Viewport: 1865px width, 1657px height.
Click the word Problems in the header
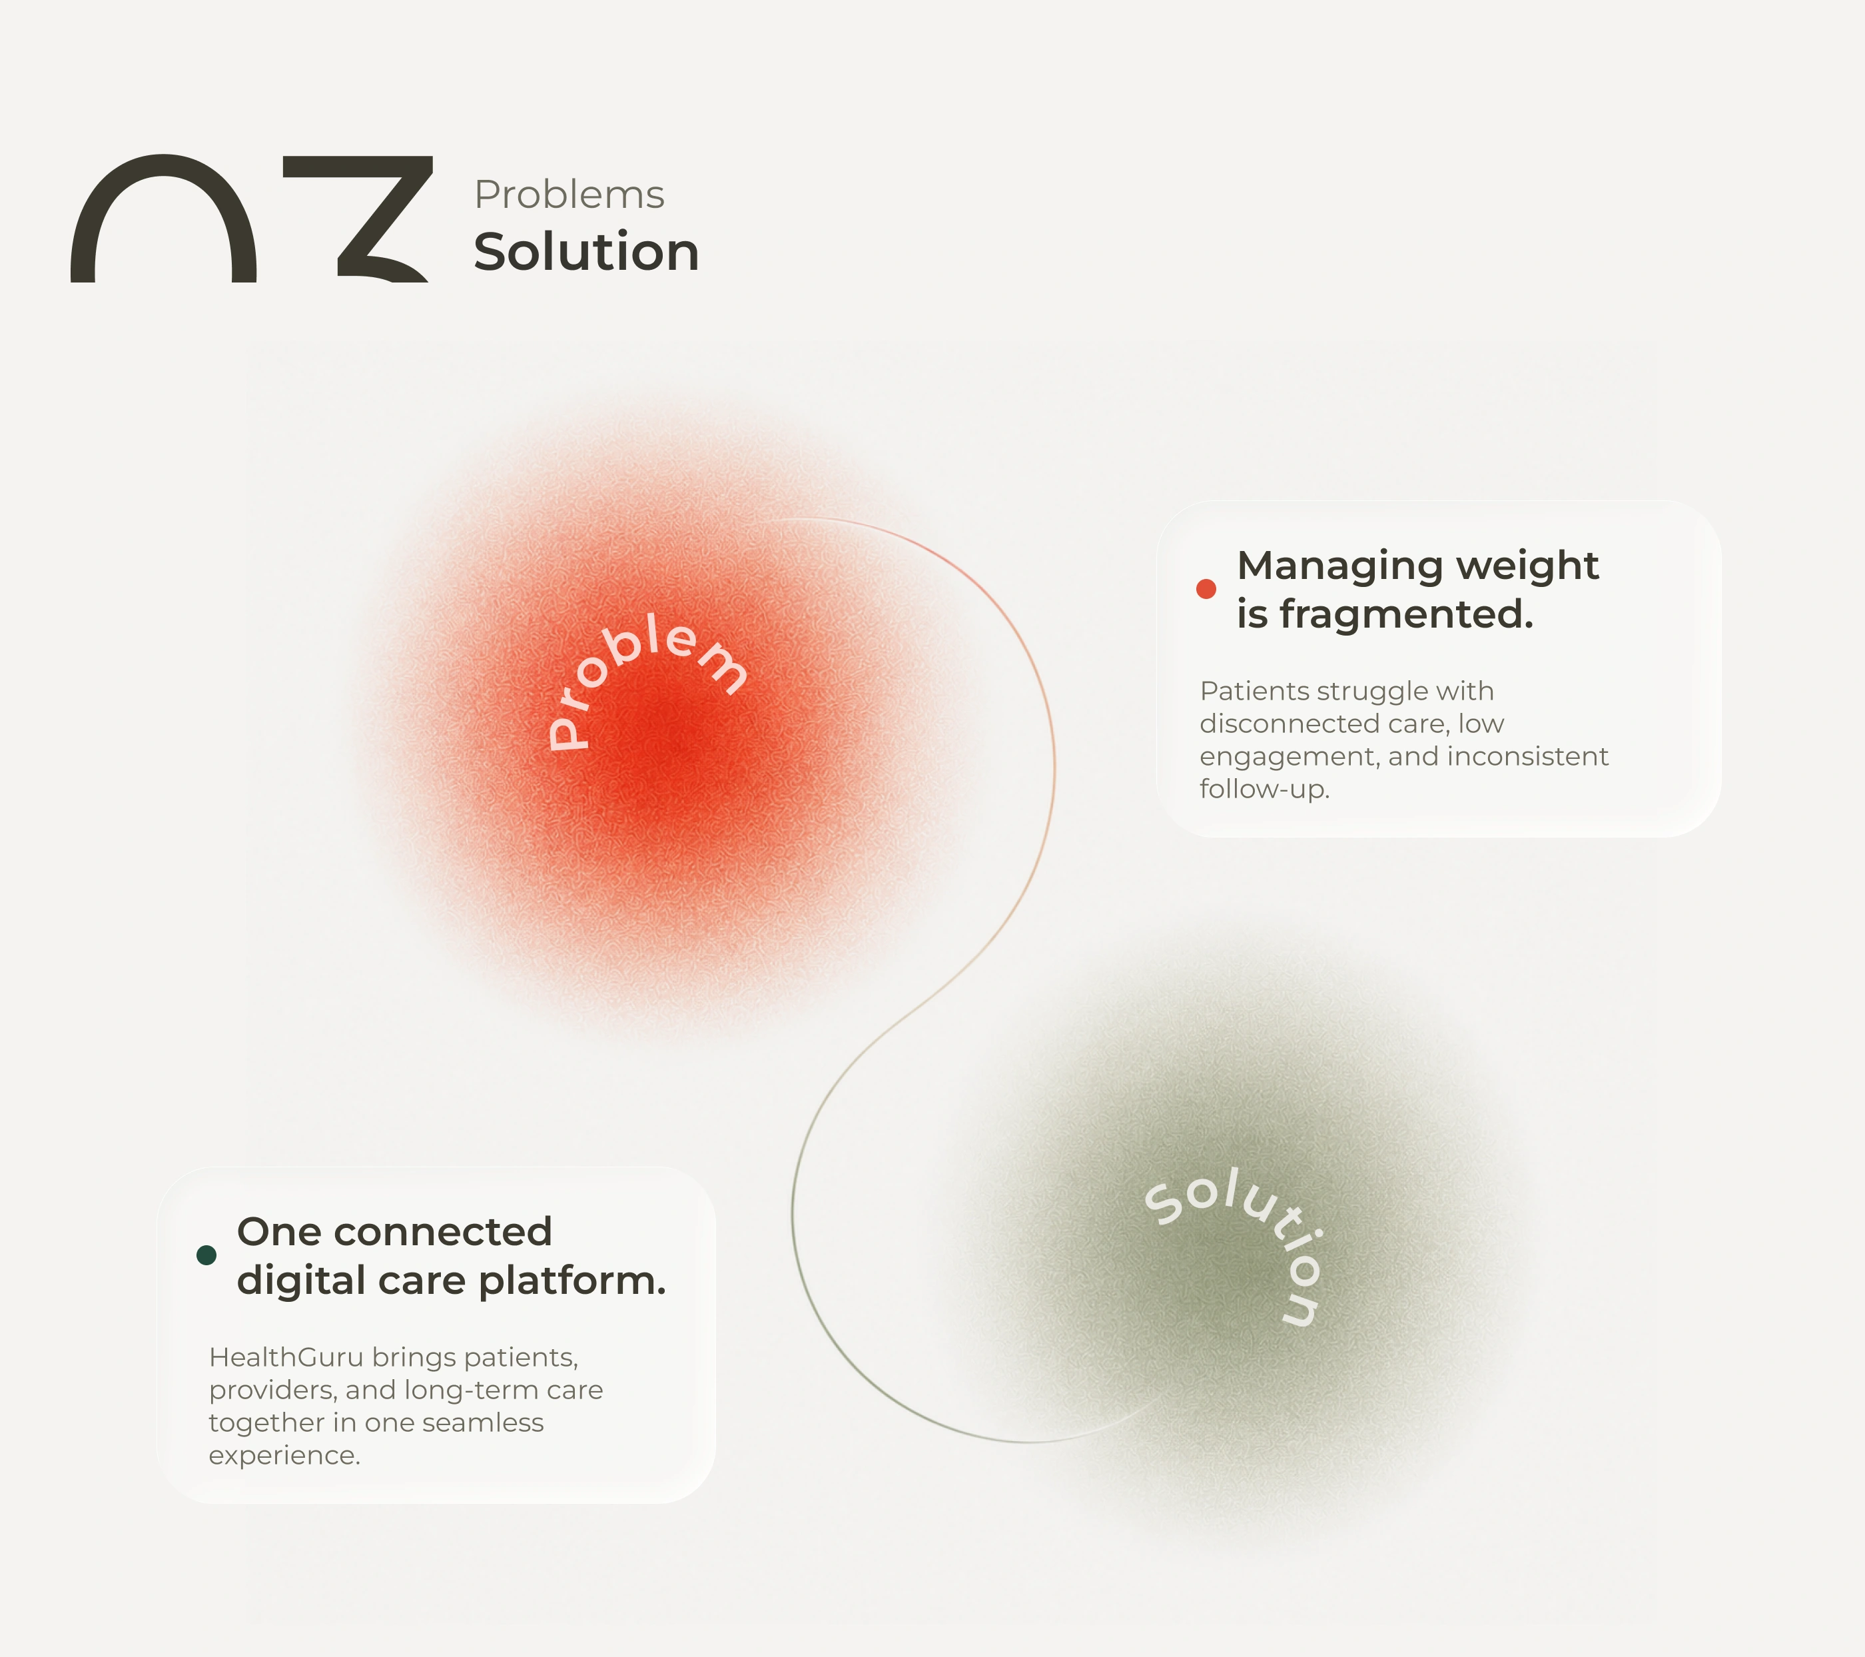[569, 195]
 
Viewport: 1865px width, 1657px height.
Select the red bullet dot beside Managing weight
[1206, 588]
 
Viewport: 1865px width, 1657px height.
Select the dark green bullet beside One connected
[206, 1255]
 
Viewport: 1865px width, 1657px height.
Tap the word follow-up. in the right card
[1265, 790]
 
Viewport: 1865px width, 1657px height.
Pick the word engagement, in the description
[1288, 758]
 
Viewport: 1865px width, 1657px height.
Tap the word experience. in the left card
[284, 1456]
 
